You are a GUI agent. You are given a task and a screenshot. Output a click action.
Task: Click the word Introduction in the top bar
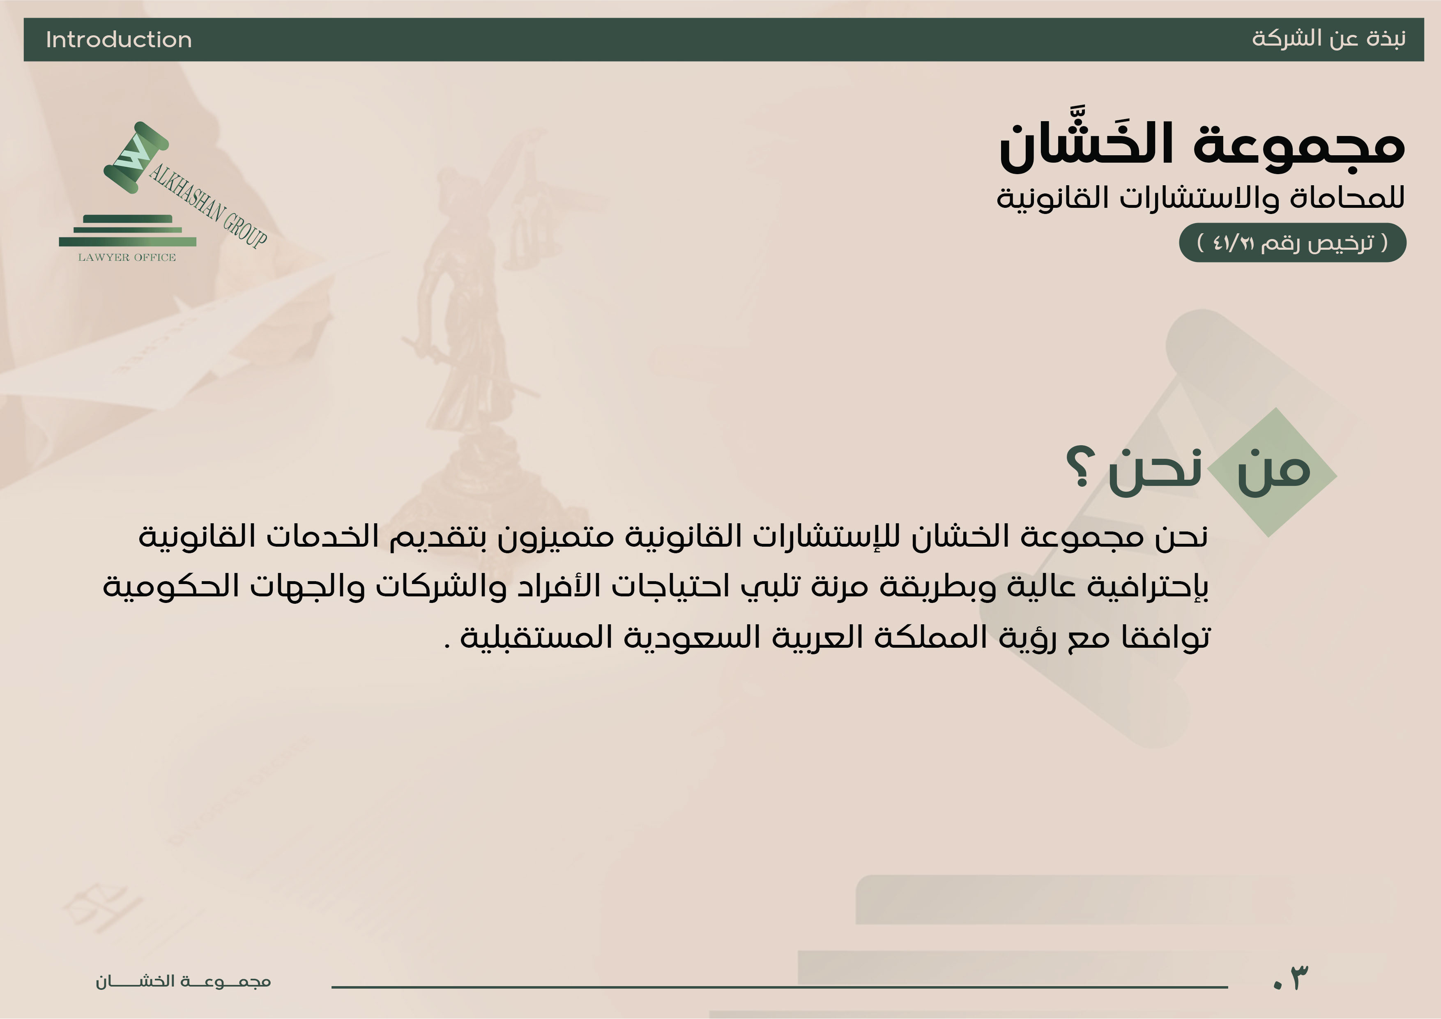pyautogui.click(x=119, y=39)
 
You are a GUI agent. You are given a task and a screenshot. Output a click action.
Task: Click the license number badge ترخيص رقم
pyautogui.click(x=1292, y=242)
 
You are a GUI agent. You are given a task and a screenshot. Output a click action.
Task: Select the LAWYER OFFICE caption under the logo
pyautogui.click(x=127, y=257)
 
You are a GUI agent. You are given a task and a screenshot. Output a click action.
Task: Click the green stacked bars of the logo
pyautogui.click(x=127, y=230)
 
